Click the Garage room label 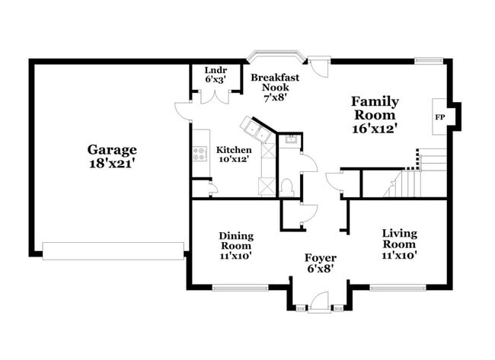click(x=112, y=150)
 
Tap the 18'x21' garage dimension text click(x=112, y=162)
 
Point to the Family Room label click(x=375, y=107)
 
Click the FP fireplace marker click(x=439, y=117)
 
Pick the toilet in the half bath click(x=287, y=186)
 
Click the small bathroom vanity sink click(x=290, y=140)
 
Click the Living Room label click(x=398, y=238)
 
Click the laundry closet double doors click(x=209, y=97)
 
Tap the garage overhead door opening click(x=113, y=248)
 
